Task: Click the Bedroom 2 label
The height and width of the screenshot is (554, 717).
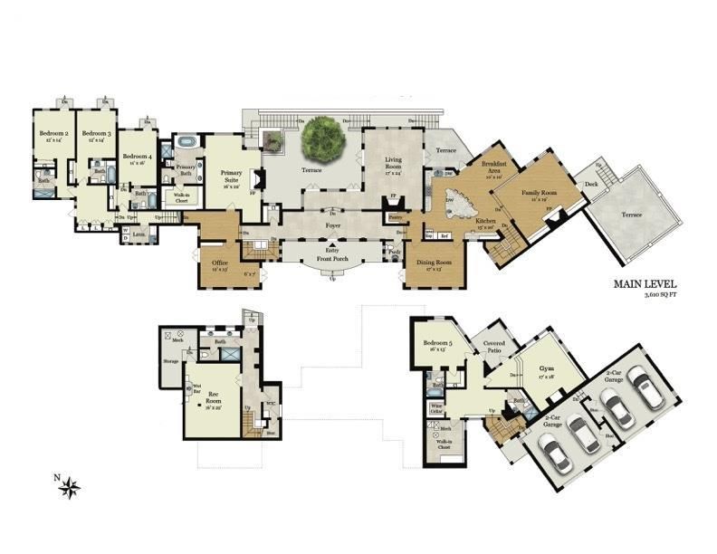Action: [49, 138]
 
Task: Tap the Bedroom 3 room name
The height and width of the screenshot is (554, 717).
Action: [96, 138]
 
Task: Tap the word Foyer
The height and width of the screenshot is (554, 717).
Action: [334, 217]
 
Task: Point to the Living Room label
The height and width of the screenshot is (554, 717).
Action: [387, 164]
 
